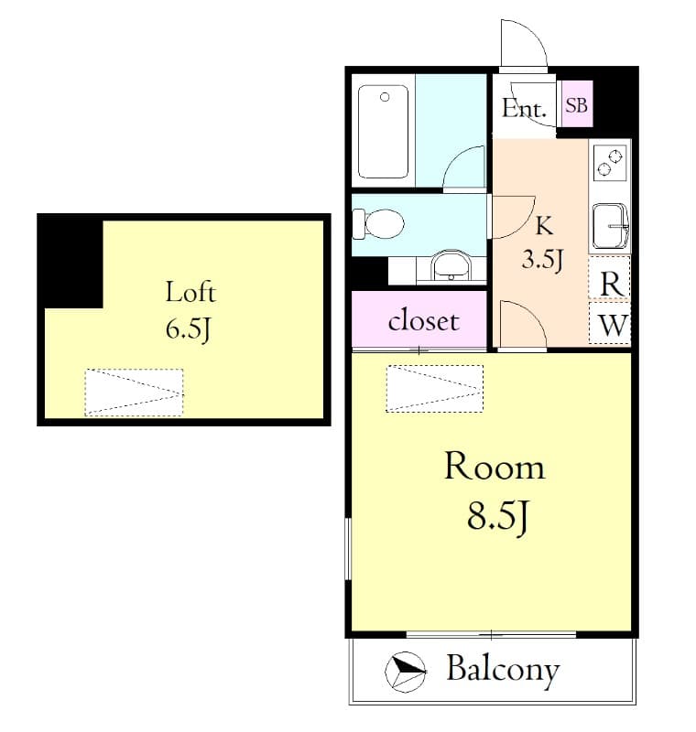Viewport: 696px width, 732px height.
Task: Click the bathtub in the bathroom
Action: (x=384, y=132)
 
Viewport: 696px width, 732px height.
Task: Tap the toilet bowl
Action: (x=379, y=223)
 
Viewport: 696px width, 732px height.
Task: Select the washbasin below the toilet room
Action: (x=450, y=266)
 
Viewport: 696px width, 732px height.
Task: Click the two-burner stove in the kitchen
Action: (x=610, y=163)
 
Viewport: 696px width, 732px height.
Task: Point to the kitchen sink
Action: (x=610, y=225)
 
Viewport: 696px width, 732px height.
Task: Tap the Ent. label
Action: (x=525, y=109)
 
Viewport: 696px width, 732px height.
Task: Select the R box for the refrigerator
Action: (x=611, y=284)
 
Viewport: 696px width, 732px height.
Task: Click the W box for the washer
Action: (x=611, y=325)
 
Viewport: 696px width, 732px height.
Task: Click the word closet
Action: (x=422, y=321)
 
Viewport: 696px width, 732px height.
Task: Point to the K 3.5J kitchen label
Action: (x=541, y=242)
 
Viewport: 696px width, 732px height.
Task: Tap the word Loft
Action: (x=190, y=293)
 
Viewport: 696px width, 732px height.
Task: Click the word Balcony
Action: (x=503, y=670)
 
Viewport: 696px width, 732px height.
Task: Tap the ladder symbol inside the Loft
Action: (x=134, y=393)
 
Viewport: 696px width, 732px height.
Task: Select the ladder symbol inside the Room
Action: (x=434, y=388)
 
